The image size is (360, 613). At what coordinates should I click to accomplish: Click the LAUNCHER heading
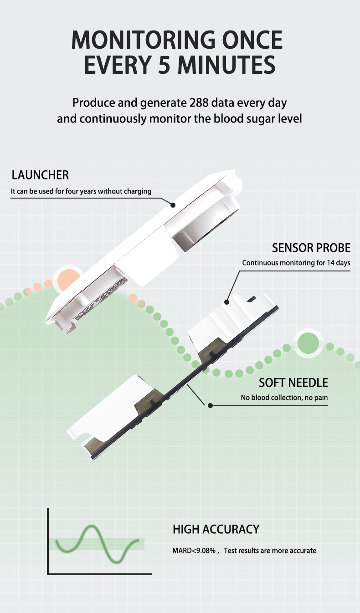(40, 175)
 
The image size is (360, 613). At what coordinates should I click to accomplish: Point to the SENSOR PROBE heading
(311, 248)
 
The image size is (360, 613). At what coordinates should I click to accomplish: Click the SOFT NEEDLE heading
(293, 382)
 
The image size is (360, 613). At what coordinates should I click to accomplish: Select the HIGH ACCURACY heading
(216, 529)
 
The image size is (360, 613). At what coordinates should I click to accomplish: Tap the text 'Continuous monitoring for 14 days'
(296, 263)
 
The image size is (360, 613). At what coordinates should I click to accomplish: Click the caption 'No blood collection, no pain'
(284, 398)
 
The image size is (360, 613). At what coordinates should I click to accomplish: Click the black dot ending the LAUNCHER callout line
(173, 205)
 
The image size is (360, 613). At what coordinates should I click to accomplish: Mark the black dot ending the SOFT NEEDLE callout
(210, 405)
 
